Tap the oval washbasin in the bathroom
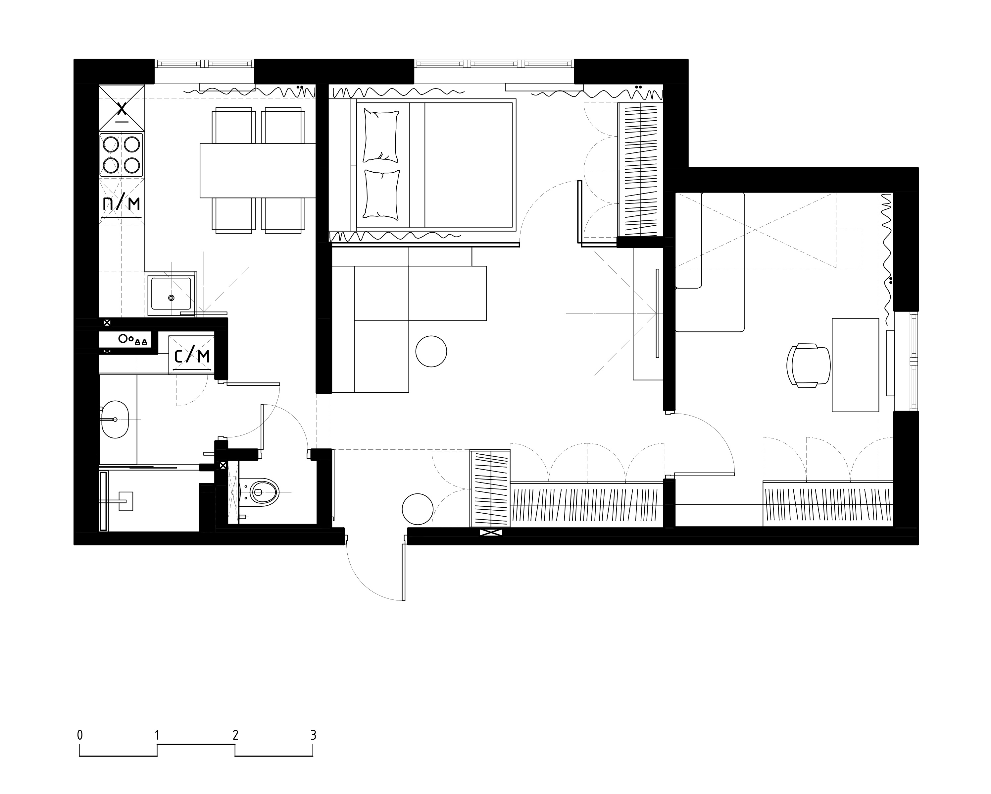(x=115, y=420)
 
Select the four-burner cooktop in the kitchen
(x=121, y=155)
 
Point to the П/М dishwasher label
(x=121, y=203)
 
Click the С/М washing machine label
(x=192, y=356)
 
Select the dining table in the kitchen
(x=257, y=171)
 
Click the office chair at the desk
(x=809, y=366)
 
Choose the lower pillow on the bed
(x=381, y=194)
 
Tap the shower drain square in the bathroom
(x=125, y=500)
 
